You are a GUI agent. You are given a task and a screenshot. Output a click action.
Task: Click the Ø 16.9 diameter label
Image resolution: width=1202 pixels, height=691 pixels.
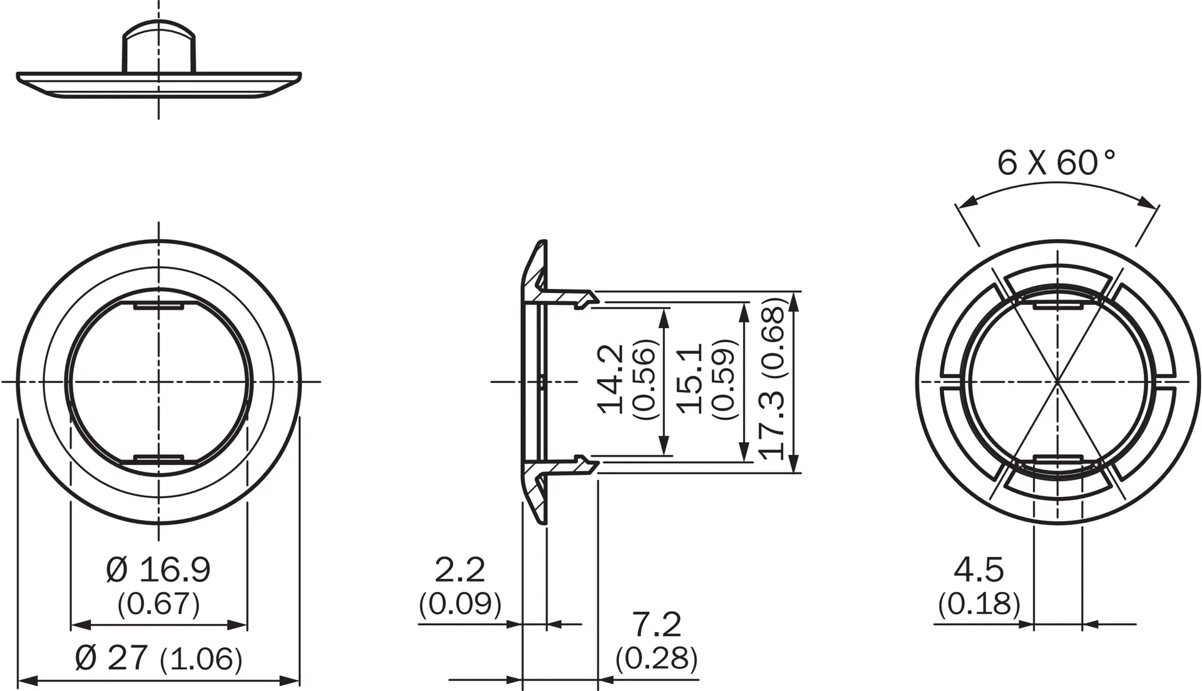pyautogui.click(x=158, y=570)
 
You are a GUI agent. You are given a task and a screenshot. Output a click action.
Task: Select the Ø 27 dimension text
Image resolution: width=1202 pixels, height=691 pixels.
pyautogui.click(x=111, y=657)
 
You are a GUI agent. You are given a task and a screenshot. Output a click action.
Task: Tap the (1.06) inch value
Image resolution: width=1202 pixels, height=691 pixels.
pyautogui.click(x=201, y=659)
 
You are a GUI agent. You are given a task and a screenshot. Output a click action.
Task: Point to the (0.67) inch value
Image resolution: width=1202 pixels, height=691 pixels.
pyautogui.click(x=158, y=603)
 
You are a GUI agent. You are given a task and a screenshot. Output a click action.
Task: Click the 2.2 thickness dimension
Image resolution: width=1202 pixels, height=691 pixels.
pyautogui.click(x=460, y=570)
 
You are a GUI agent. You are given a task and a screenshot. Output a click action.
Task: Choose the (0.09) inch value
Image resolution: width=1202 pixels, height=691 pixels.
pyautogui.click(x=460, y=603)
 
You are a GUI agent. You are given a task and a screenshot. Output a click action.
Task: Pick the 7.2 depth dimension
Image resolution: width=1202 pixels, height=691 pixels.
pyautogui.click(x=656, y=624)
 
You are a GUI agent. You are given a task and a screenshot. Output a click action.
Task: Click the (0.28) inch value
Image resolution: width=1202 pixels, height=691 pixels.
pyautogui.click(x=656, y=658)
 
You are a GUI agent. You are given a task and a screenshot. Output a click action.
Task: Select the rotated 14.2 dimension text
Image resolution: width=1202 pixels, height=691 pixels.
pyautogui.click(x=611, y=378)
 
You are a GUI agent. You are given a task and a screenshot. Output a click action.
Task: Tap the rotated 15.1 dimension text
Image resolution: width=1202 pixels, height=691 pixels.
pyautogui.click(x=691, y=378)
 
